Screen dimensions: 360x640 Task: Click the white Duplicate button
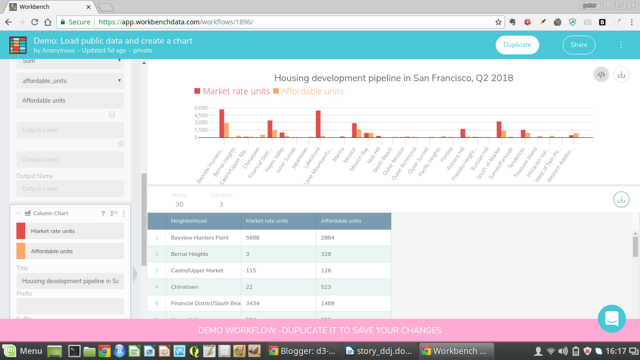[x=517, y=45]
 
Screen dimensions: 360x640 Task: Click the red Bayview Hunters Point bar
[x=222, y=123]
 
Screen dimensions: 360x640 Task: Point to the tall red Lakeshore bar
[x=318, y=124]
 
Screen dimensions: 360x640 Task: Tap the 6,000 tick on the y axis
[x=201, y=108]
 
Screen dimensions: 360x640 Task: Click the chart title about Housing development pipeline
[x=394, y=78]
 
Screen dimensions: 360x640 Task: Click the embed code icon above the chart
[x=602, y=74]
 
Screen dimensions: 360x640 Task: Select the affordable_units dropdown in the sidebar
[x=70, y=81]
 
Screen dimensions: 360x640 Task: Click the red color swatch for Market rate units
[x=21, y=231]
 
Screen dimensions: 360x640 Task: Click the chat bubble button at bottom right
[x=611, y=319]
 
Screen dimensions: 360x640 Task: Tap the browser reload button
[x=35, y=22]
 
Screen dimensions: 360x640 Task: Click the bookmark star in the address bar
[x=499, y=22]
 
